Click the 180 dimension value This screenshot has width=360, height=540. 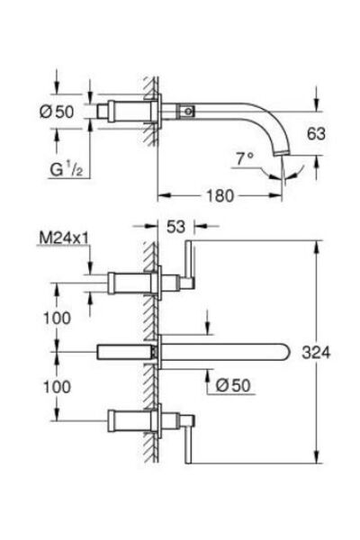pyautogui.click(x=220, y=196)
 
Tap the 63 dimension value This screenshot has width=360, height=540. pyautogui.click(x=316, y=133)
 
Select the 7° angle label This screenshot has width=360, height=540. pyautogui.click(x=245, y=158)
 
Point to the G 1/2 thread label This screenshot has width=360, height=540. pyautogui.click(x=67, y=169)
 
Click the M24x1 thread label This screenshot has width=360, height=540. pyautogui.click(x=64, y=238)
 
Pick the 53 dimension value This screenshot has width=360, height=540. pyautogui.click(x=175, y=226)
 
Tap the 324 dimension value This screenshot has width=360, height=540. pyautogui.click(x=316, y=352)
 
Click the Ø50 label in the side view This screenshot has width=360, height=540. pyautogui.click(x=57, y=112)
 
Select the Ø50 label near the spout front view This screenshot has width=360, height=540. pyautogui.click(x=233, y=385)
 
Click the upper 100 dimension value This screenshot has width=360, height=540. pyautogui.click(x=58, y=318)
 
